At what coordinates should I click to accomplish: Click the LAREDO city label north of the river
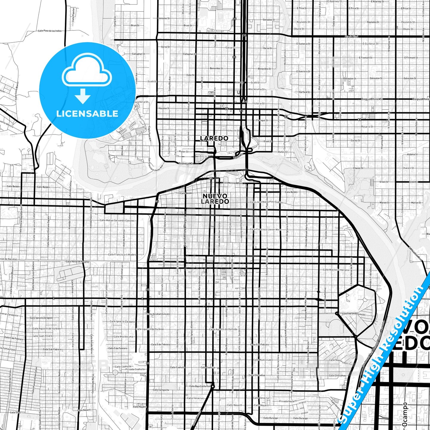(214, 138)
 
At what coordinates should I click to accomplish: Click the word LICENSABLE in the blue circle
(87, 114)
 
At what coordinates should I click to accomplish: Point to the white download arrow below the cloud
(83, 96)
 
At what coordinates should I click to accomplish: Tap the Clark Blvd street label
(351, 37)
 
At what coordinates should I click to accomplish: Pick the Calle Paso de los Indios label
(50, 31)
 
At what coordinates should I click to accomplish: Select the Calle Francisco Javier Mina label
(265, 229)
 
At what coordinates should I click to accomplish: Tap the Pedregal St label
(186, 163)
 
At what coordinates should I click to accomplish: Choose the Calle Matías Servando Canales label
(117, 221)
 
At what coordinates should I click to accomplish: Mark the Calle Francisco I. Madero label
(122, 254)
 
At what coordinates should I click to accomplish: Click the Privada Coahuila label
(135, 369)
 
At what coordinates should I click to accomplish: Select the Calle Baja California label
(200, 386)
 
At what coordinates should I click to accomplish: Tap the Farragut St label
(262, 121)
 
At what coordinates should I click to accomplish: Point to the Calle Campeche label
(161, 390)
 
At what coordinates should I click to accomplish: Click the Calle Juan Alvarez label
(43, 336)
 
